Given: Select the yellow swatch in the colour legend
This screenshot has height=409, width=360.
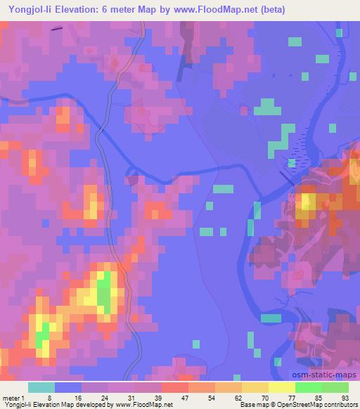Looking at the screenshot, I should point(281,387).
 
